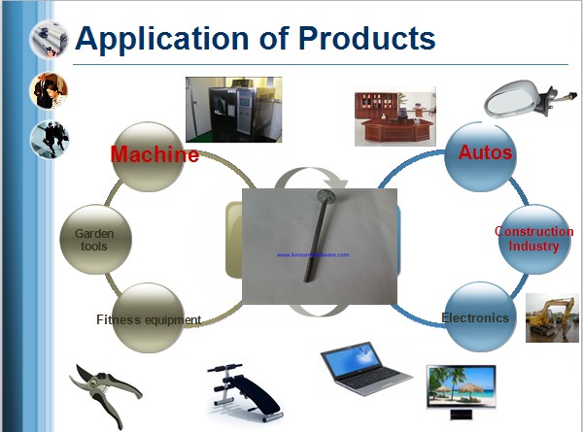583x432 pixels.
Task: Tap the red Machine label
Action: tap(154, 154)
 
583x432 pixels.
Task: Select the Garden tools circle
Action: tap(94, 239)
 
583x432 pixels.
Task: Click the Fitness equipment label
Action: tap(149, 318)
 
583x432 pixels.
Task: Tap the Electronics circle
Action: tap(475, 317)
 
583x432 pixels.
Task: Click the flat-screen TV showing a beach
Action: tap(461, 387)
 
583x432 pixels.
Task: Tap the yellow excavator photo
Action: tap(553, 317)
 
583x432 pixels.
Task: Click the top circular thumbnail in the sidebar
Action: tap(48, 38)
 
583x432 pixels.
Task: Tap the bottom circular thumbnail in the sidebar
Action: tap(48, 140)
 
